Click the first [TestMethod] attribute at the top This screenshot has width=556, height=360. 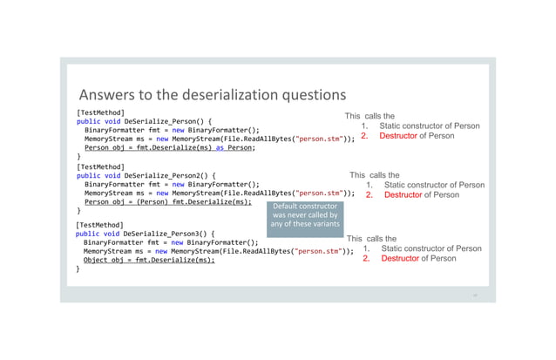100,112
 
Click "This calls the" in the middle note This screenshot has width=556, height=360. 375,175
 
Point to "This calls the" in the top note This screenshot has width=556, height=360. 370,116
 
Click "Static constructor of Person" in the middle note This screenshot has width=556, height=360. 434,185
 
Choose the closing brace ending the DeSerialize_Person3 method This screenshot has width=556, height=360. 78,269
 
